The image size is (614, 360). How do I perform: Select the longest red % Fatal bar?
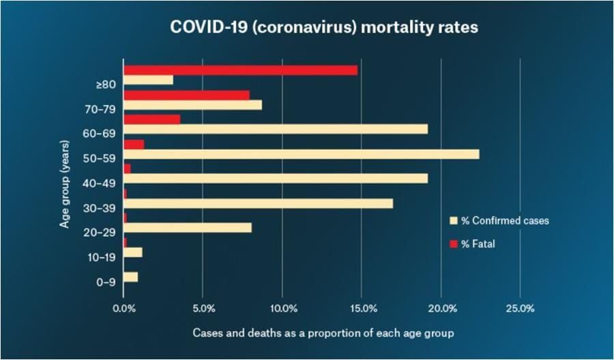pos(240,70)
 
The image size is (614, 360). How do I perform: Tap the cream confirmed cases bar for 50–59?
pos(301,154)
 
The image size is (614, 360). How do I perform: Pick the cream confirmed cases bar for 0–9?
pos(130,277)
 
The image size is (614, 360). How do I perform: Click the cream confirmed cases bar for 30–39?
pos(258,203)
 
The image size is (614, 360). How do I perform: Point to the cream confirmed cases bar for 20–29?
pos(188,228)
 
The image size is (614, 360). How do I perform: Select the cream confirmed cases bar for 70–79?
pos(192,105)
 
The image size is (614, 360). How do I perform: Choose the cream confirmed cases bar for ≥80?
pos(148,80)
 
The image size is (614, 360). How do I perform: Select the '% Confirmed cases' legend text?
pos(505,221)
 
